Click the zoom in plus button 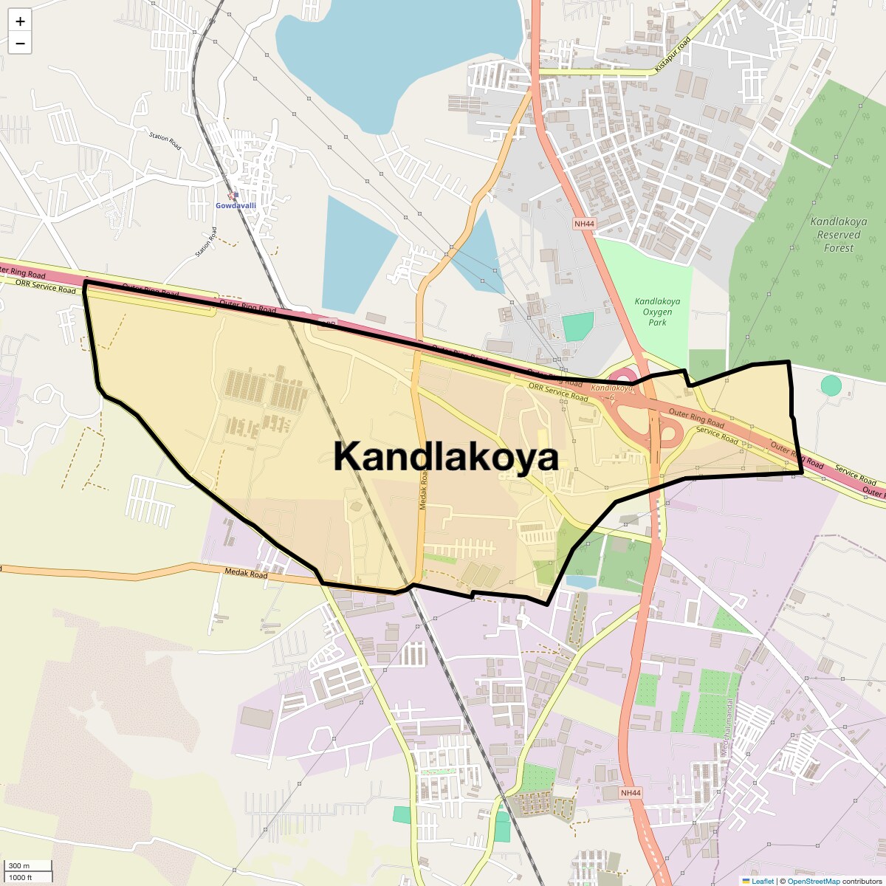[20, 21]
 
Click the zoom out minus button [20, 44]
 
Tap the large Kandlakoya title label [446, 456]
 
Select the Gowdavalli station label [236, 205]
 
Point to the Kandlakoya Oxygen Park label [657, 312]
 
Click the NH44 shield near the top [584, 222]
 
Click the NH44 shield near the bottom [631, 793]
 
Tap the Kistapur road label [673, 54]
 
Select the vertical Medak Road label [424, 491]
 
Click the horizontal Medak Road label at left [246, 573]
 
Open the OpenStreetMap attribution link [813, 881]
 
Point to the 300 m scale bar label [19, 866]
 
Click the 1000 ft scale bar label [21, 877]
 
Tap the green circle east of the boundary [831, 385]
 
